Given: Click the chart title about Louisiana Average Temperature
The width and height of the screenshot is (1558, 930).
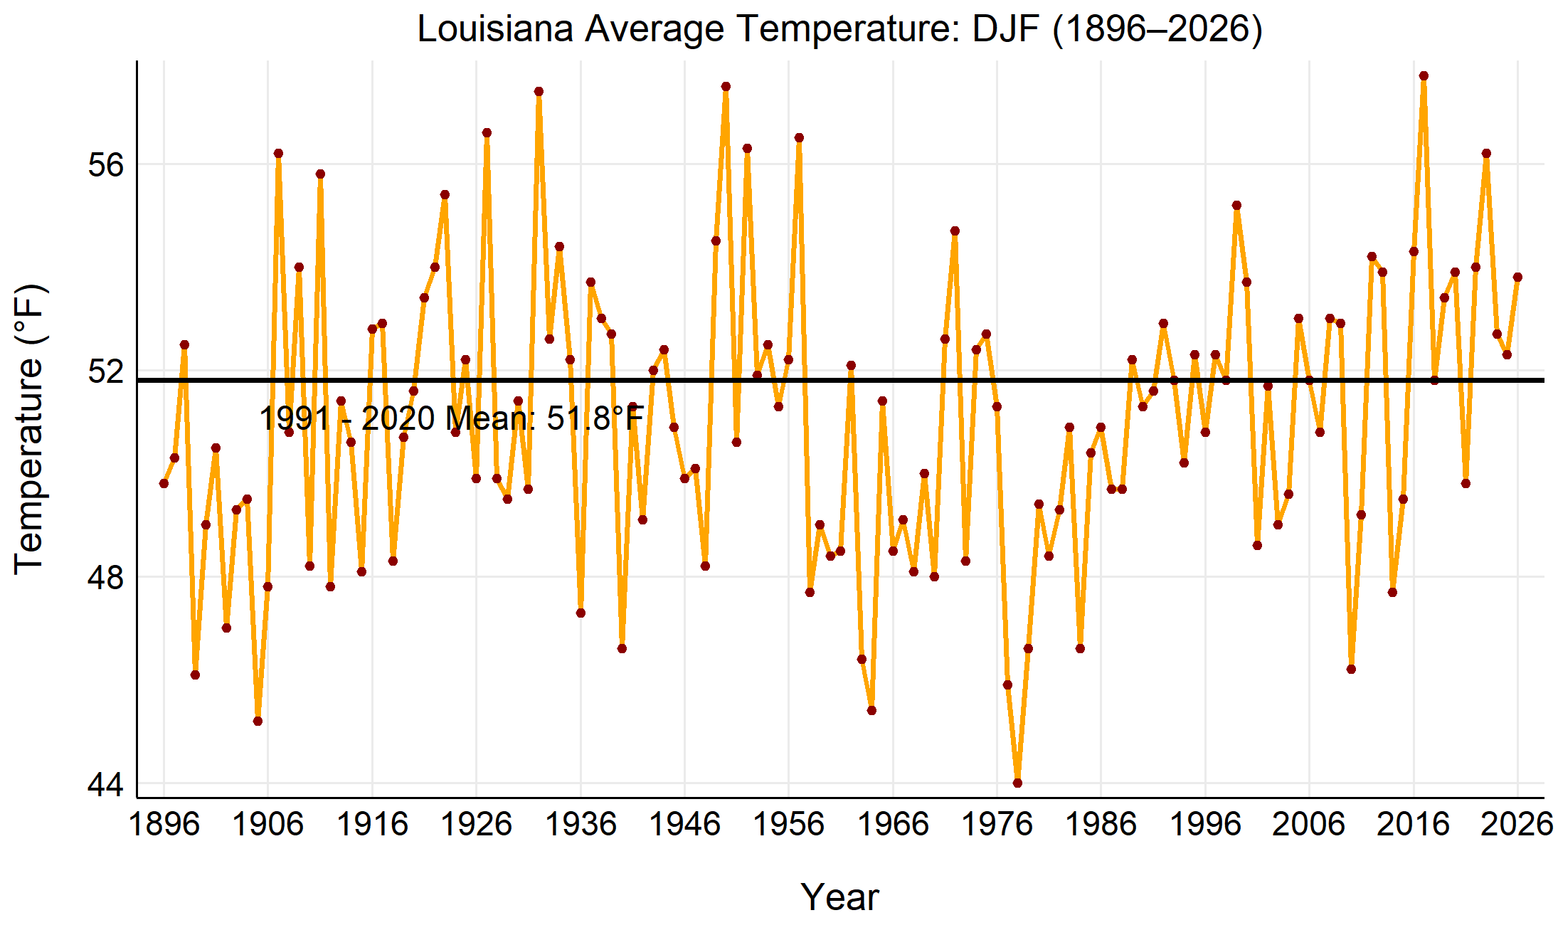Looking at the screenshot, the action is tap(839, 29).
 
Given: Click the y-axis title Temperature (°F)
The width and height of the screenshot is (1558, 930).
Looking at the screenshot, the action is tap(30, 429).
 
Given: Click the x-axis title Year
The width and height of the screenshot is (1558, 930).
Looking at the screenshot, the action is tap(839, 897).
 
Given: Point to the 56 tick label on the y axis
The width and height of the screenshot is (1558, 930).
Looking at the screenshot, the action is tap(105, 165).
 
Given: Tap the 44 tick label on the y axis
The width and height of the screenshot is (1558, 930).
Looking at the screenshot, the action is tap(105, 784).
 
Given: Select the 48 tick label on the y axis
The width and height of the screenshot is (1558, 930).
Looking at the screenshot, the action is tap(105, 578).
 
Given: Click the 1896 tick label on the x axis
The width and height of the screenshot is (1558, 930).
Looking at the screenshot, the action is tap(164, 825).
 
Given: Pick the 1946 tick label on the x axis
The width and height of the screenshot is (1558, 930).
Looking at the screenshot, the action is tap(684, 825).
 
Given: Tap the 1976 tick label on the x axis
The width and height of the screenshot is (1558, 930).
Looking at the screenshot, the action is tap(997, 825).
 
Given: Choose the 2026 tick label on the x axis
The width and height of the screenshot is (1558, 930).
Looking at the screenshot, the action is tap(1517, 825).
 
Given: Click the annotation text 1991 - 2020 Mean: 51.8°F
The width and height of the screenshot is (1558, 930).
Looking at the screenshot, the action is tap(452, 418).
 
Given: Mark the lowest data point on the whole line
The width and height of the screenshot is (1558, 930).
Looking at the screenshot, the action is tap(1017, 783).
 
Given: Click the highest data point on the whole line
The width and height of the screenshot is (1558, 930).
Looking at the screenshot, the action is tap(1424, 76).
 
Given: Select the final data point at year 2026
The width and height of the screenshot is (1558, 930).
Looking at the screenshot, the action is tap(1517, 277).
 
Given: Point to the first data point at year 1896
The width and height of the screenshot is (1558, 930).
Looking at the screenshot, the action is tap(164, 483).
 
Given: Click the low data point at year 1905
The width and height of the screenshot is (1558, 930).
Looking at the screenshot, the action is tap(258, 721).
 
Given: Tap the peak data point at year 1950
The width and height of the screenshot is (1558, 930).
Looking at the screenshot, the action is tap(726, 87).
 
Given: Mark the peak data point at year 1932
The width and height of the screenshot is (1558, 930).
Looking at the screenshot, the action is tap(539, 91).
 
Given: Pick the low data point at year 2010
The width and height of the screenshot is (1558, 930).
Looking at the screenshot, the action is tap(1351, 669).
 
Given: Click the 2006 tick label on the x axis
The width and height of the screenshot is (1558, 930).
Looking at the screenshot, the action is tap(1309, 825).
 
